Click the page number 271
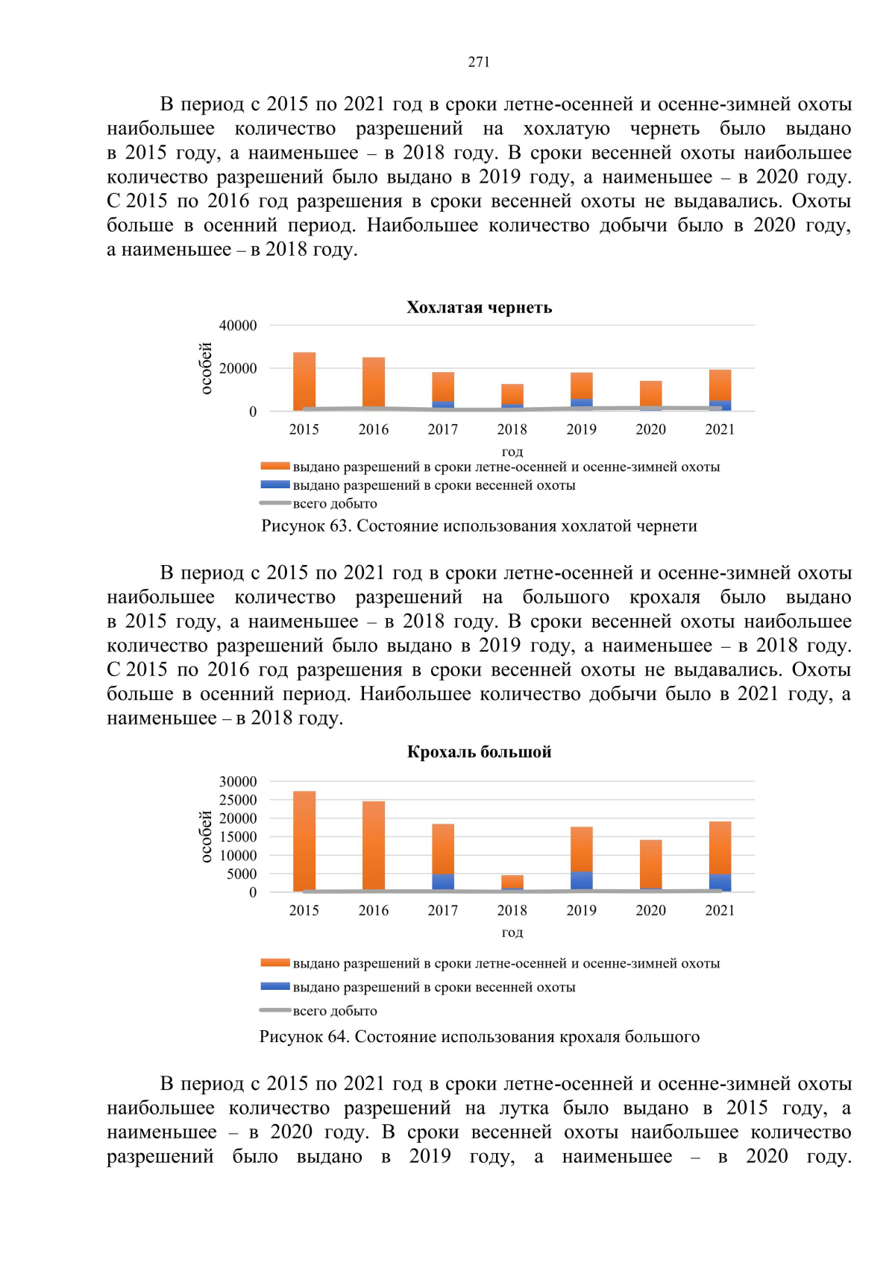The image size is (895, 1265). click(479, 62)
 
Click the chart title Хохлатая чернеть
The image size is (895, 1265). click(479, 307)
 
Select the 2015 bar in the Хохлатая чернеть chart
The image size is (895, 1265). click(304, 381)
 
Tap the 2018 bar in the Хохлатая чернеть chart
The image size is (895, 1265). click(512, 396)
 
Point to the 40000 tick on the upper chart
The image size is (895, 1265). click(238, 326)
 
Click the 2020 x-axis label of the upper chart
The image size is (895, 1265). click(650, 429)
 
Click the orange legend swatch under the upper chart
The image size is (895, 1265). click(274, 467)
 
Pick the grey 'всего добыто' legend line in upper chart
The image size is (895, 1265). click(274, 503)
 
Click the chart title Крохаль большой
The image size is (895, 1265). click(479, 751)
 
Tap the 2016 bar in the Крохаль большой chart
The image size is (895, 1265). click(374, 846)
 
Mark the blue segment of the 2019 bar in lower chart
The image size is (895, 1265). click(582, 881)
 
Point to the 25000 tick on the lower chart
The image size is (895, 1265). click(238, 800)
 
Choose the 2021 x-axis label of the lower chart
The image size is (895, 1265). click(720, 910)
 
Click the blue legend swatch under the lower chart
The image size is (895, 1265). click(274, 986)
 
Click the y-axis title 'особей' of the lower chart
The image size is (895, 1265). click(207, 836)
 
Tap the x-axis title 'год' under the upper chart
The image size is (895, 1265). click(512, 451)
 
